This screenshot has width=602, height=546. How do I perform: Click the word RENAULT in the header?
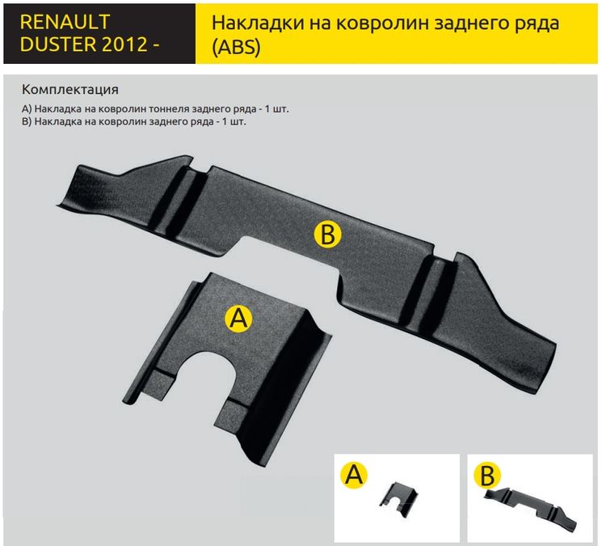65,22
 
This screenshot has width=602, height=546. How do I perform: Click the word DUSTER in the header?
56,44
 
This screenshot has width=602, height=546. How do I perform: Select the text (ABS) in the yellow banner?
236,47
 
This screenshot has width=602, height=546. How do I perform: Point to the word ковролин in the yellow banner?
383,23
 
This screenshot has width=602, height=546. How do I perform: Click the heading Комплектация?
69,90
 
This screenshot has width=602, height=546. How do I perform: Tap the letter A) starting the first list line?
27,109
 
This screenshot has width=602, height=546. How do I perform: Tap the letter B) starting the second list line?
27,122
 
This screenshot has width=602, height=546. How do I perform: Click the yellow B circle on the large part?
327,234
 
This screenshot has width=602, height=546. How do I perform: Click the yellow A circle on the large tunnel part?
238,319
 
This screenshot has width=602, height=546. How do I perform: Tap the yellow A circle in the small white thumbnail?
354,475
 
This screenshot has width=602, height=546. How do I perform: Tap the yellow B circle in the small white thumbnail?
487,476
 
